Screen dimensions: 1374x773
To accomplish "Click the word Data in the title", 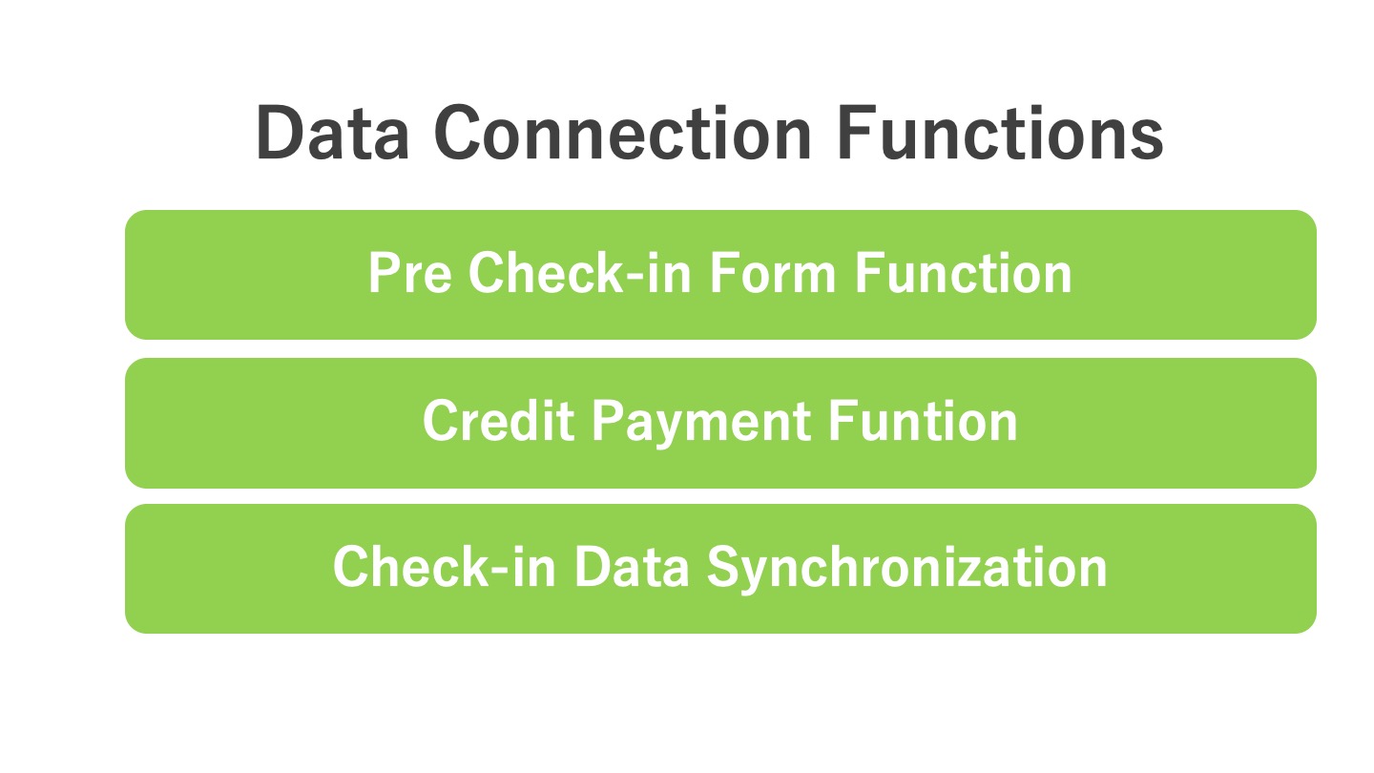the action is pyautogui.click(x=332, y=134).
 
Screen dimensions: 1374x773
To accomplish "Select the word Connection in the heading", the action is pyautogui.click(x=623, y=134).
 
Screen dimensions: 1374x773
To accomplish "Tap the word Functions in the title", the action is pyautogui.click(x=1000, y=134).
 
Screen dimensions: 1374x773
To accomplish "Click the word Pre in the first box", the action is pyautogui.click(x=410, y=273).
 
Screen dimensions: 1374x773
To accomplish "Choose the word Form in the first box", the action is pyautogui.click(x=773, y=273).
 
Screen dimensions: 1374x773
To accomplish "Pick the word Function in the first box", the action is pyautogui.click(x=963, y=273).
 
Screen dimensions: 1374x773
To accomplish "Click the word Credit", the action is pyautogui.click(x=499, y=420).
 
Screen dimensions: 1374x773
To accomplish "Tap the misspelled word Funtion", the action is pyautogui.click(x=924, y=420).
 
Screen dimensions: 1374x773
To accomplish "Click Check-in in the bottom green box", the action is pyautogui.click(x=445, y=566).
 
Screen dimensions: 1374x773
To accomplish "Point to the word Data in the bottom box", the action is pyautogui.click(x=632, y=567).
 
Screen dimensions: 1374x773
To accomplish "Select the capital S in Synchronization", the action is pyautogui.click(x=724, y=567).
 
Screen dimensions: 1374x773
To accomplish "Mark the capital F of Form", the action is pyautogui.click(x=724, y=273).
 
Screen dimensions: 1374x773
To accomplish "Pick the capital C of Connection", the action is pyautogui.click(x=458, y=134).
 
